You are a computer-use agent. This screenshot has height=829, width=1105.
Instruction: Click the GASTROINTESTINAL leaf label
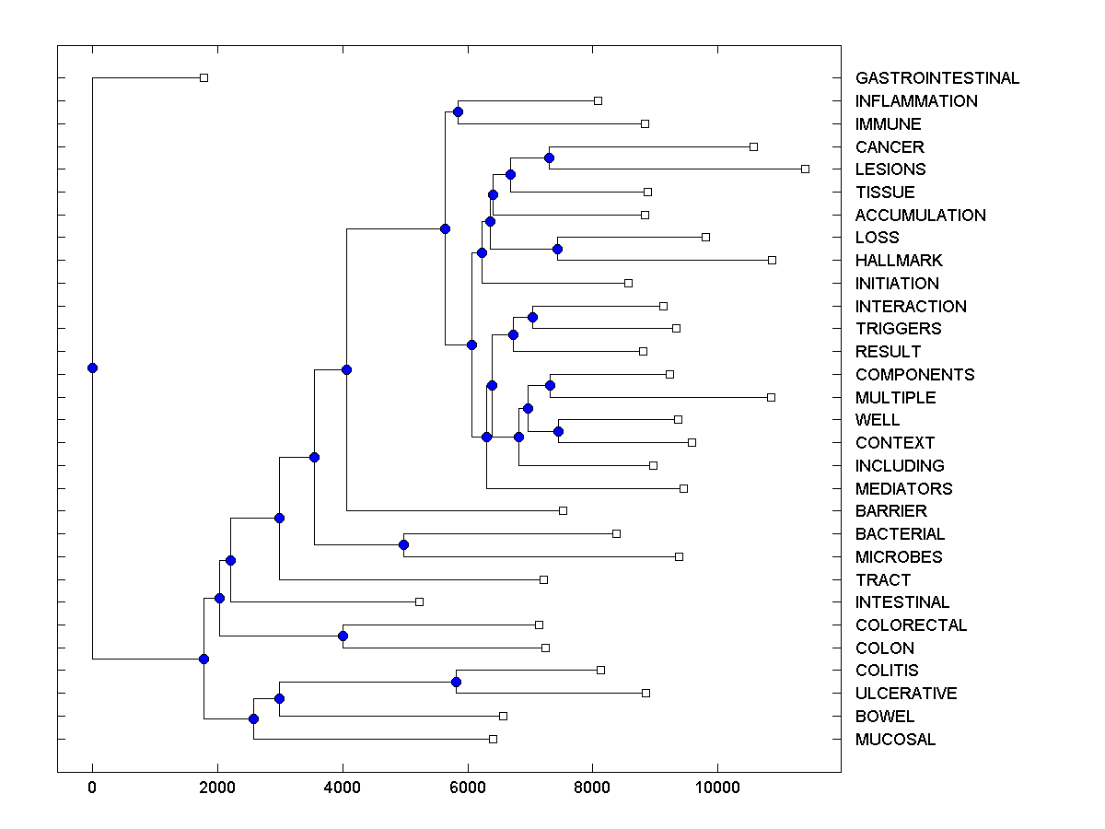(936, 78)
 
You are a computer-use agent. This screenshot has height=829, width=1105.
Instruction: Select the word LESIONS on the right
(890, 169)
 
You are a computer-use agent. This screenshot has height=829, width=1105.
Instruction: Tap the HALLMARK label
(899, 261)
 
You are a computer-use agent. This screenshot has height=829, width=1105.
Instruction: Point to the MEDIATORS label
(903, 489)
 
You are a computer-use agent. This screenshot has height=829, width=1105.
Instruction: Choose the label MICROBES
(898, 557)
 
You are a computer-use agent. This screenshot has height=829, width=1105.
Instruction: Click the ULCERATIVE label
(905, 694)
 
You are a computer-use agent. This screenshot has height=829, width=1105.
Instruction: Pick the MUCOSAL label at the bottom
(895, 740)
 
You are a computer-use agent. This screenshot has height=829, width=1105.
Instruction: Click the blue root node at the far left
(92, 368)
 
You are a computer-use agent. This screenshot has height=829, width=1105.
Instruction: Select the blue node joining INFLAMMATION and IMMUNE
(458, 112)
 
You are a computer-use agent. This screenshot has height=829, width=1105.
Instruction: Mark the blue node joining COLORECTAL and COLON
(343, 636)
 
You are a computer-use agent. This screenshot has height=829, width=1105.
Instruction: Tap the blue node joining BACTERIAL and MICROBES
(403, 545)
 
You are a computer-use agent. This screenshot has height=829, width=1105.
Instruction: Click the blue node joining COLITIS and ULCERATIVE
(456, 683)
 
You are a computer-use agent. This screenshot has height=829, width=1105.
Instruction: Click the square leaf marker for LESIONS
(805, 169)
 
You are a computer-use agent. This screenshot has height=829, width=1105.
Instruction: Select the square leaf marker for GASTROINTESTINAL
(204, 78)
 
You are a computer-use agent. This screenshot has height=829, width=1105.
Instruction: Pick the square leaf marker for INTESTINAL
(419, 602)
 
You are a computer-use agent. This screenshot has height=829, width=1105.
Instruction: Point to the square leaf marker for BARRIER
(564, 511)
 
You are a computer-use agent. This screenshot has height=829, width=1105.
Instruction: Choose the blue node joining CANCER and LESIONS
(549, 158)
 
